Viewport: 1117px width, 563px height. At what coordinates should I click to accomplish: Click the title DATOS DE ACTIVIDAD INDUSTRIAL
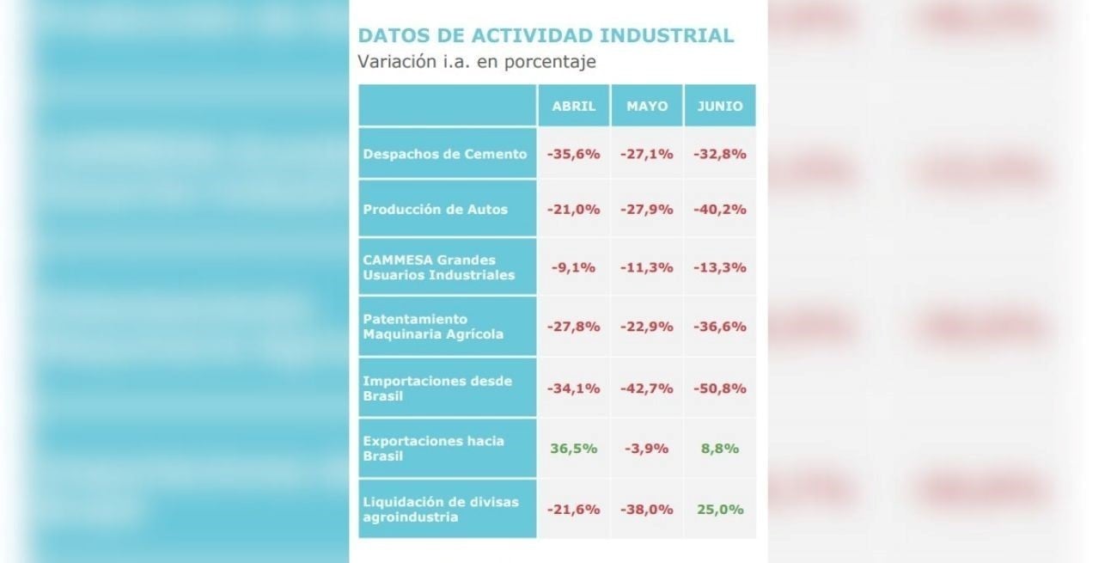pyautogui.click(x=546, y=35)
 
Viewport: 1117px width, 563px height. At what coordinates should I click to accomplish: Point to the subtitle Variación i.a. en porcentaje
pyautogui.click(x=477, y=62)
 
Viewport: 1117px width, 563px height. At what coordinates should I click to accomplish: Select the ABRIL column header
pyautogui.click(x=573, y=106)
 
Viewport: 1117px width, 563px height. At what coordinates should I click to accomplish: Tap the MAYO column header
pyautogui.click(x=646, y=106)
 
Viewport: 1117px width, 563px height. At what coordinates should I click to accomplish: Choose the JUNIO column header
pyautogui.click(x=720, y=106)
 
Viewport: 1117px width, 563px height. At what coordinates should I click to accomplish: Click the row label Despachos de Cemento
pyautogui.click(x=445, y=154)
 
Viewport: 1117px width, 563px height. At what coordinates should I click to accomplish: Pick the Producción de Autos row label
pyautogui.click(x=436, y=209)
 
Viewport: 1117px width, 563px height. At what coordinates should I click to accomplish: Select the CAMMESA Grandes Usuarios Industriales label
pyautogui.click(x=439, y=267)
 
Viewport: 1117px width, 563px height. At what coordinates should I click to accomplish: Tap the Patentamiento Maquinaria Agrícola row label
pyautogui.click(x=433, y=327)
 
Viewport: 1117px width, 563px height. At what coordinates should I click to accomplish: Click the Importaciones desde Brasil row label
pyautogui.click(x=437, y=389)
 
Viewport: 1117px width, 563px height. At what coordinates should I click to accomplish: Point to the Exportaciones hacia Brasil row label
pyautogui.click(x=434, y=449)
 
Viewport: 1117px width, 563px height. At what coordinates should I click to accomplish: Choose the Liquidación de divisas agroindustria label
pyautogui.click(x=441, y=509)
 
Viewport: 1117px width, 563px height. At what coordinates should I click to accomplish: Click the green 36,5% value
pyautogui.click(x=573, y=449)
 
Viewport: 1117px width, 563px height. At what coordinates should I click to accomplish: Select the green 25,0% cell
pyautogui.click(x=720, y=509)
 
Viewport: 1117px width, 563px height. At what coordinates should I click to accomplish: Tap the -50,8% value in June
pyautogui.click(x=720, y=389)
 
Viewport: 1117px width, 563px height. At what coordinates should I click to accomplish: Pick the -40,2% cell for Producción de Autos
pyautogui.click(x=720, y=209)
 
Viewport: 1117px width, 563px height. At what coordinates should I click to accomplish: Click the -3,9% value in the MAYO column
pyautogui.click(x=646, y=449)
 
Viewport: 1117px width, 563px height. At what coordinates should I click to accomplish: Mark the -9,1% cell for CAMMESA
pyautogui.click(x=573, y=267)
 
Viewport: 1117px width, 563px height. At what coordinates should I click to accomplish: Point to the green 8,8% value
pyautogui.click(x=720, y=449)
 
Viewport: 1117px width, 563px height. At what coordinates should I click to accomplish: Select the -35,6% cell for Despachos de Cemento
pyautogui.click(x=573, y=154)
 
